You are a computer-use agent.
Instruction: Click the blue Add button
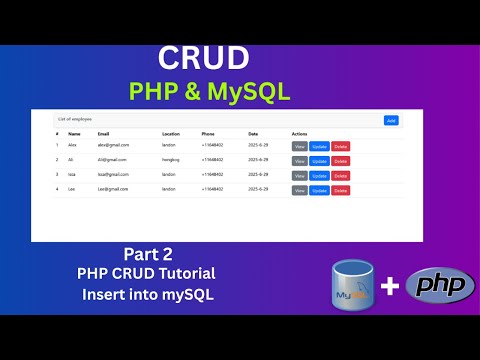(391, 120)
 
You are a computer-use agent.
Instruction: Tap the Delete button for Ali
(340, 160)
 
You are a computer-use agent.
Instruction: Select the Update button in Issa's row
(319, 175)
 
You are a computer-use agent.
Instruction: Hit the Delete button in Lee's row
(340, 190)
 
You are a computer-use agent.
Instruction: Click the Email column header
(104, 133)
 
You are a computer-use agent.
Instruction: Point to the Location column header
(171, 133)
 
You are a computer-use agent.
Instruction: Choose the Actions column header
(300, 133)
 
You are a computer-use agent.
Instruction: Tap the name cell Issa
(73, 175)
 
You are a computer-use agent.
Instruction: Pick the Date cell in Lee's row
(258, 189)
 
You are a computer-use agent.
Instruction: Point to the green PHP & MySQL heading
(210, 92)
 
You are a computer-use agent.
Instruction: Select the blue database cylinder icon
(354, 285)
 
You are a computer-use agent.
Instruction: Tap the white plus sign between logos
(389, 287)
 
